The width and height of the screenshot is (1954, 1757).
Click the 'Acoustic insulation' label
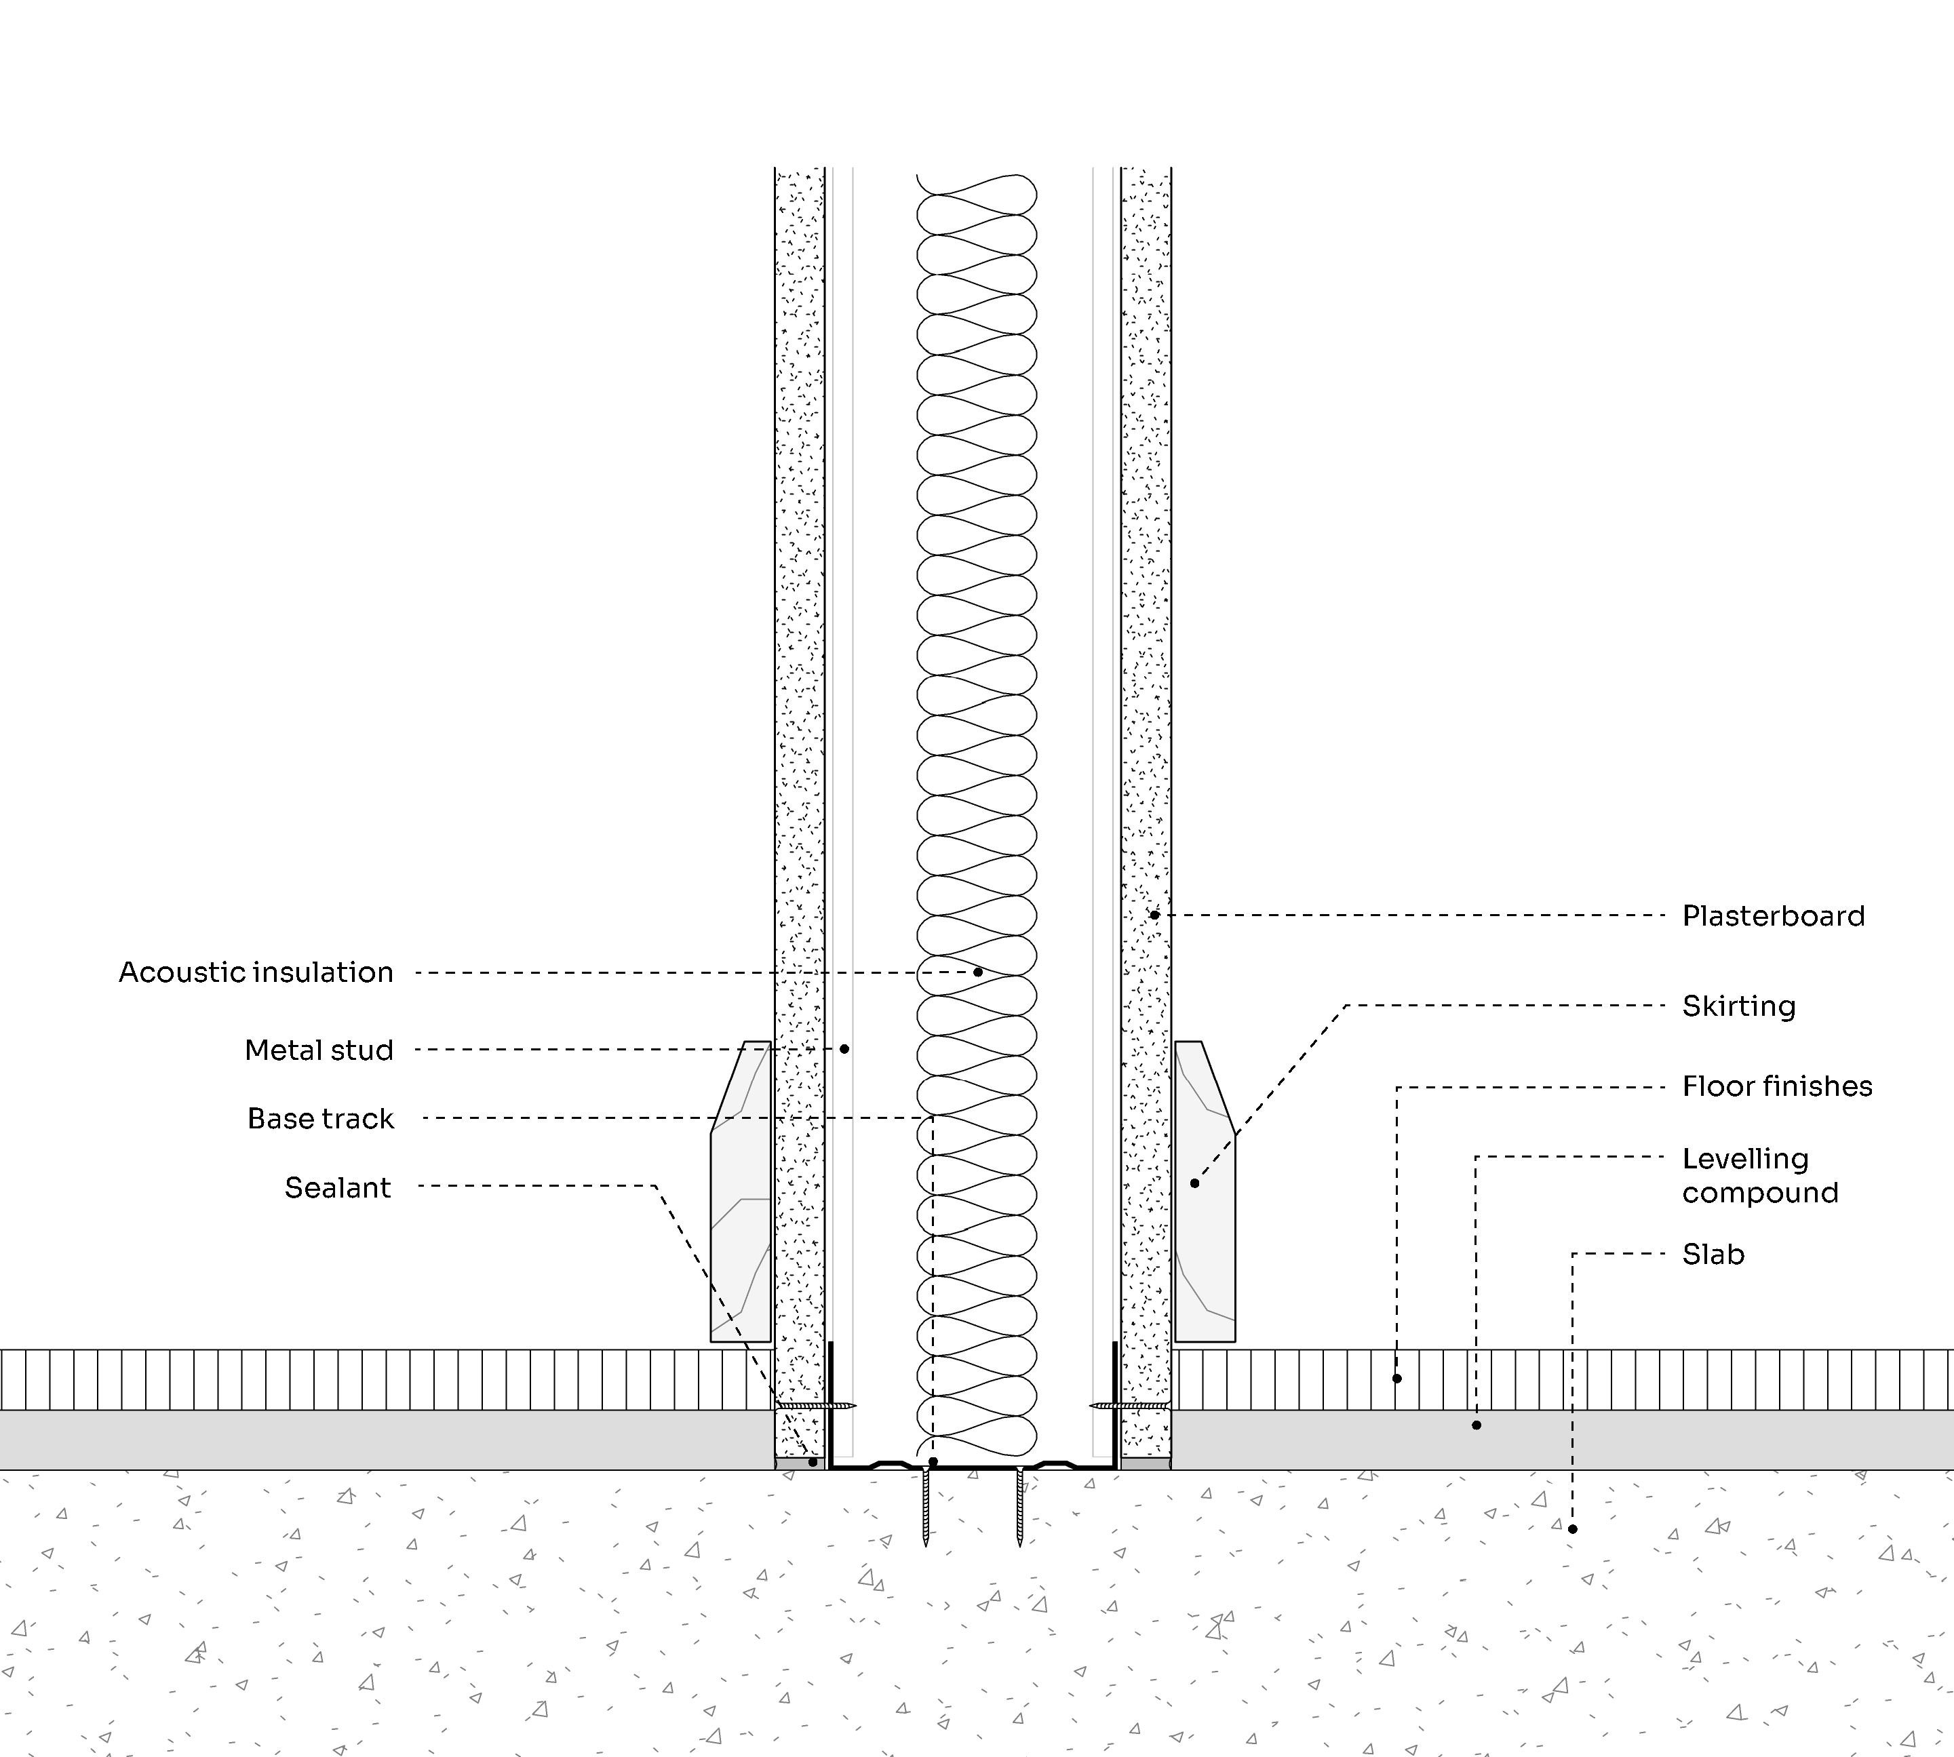[x=256, y=972]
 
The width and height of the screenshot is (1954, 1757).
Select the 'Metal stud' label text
[x=319, y=1050]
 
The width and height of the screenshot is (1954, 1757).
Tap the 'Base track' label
[x=321, y=1119]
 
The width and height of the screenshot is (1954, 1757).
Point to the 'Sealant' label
[x=338, y=1187]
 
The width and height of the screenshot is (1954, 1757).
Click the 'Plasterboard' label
[x=1774, y=916]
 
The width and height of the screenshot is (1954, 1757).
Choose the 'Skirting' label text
[x=1739, y=1006]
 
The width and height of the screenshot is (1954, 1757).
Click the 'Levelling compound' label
[x=1760, y=1176]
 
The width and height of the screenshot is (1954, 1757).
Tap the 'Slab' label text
[x=1714, y=1254]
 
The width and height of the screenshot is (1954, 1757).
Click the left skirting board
[x=741, y=1191]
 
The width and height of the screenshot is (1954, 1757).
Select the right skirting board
[x=1205, y=1191]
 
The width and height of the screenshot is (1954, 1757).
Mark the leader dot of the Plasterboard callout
[x=1154, y=914]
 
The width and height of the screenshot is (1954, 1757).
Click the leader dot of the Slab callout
[x=1573, y=1529]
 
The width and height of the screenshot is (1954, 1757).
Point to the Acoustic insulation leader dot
[x=978, y=972]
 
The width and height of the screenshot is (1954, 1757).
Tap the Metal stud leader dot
[x=844, y=1048]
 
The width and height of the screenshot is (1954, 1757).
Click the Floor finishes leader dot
[x=1397, y=1379]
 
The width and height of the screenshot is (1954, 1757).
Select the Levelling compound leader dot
[x=1476, y=1425]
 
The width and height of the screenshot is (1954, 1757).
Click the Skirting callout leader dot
[x=1194, y=1183]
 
